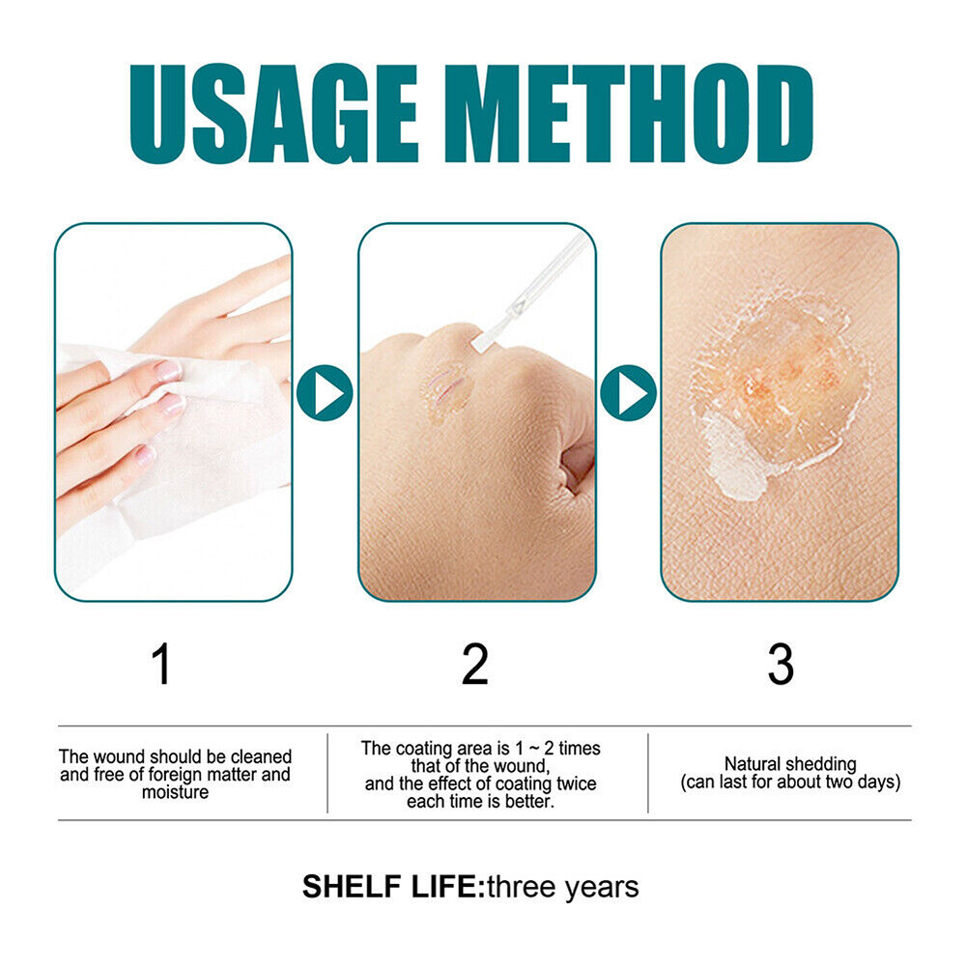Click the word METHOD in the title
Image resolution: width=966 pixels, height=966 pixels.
tap(627, 113)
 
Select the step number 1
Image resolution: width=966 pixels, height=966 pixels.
tap(162, 665)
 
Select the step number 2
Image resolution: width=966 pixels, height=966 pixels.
tap(474, 665)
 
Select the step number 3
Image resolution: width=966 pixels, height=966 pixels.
tap(780, 665)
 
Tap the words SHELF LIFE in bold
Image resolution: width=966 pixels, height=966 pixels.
tap(391, 887)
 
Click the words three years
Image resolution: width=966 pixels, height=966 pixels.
tap(562, 887)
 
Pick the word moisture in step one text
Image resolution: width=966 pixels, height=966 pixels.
tap(174, 793)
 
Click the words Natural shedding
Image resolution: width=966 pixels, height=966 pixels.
tap(790, 764)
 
